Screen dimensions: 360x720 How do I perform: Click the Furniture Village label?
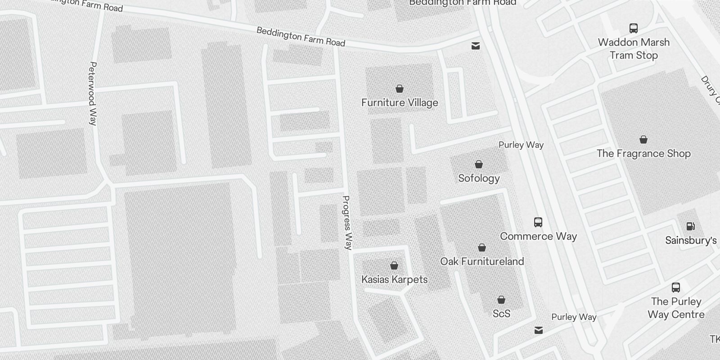click(400, 103)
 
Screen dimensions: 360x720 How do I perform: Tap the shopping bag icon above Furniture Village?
click(399, 88)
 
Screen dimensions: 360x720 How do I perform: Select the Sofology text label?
click(479, 178)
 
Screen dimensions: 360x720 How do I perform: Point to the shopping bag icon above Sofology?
click(479, 164)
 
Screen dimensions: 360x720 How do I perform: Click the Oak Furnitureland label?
click(482, 261)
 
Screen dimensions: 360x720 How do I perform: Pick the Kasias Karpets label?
click(394, 279)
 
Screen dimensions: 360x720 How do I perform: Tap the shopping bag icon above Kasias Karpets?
click(394, 265)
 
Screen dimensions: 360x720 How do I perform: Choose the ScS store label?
click(501, 314)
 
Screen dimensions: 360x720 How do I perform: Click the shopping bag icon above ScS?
click(501, 299)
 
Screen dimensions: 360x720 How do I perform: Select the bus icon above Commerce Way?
click(538, 222)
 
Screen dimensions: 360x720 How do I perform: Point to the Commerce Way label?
click(538, 236)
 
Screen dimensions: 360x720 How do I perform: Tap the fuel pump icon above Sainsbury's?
click(690, 226)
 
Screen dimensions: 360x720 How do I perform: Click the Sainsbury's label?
click(691, 240)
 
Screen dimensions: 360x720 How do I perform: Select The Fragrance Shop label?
click(643, 153)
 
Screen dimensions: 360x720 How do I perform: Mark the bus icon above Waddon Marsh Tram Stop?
click(634, 28)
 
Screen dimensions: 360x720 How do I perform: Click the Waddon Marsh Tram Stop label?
click(634, 49)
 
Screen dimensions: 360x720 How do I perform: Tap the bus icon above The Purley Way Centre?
click(676, 287)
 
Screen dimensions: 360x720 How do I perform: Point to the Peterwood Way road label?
click(93, 93)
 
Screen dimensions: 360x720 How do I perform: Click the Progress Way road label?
click(347, 222)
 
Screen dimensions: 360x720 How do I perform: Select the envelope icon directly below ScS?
click(538, 330)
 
